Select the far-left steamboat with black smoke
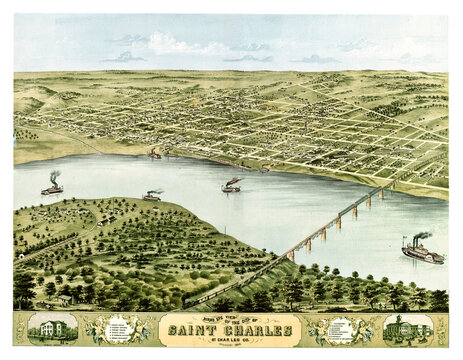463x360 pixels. (51, 188)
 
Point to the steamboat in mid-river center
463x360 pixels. (231, 186)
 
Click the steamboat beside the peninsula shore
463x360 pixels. (152, 196)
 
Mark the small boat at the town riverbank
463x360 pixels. (154, 155)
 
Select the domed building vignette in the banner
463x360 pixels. (408, 329)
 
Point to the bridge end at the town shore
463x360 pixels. (388, 186)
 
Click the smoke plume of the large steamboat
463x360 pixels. (422, 236)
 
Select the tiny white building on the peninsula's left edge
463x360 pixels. (20, 255)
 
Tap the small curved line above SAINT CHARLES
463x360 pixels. (230, 316)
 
